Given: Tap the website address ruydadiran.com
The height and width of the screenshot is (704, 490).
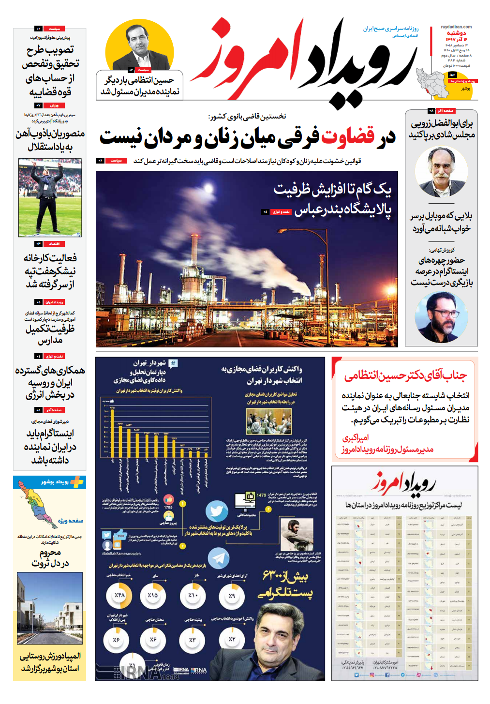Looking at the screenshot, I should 456,27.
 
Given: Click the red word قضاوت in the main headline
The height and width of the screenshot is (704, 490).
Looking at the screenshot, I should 348,137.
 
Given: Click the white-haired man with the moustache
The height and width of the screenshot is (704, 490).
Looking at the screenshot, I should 441,172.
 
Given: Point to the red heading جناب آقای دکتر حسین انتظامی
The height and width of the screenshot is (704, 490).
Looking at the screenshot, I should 405,375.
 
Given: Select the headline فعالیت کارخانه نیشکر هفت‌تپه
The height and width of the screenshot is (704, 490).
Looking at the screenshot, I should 50,271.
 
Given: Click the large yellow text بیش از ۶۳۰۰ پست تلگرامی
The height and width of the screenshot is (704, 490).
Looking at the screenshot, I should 285,584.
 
